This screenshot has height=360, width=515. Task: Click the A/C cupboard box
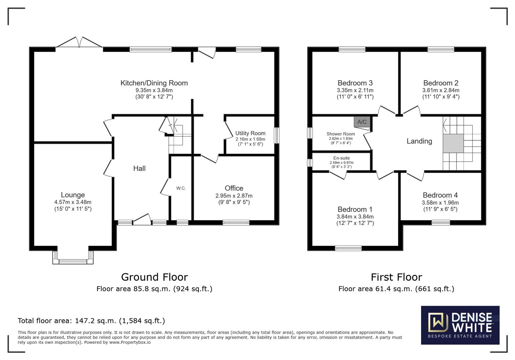click(x=362, y=122)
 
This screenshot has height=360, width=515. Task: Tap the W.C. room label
click(x=181, y=188)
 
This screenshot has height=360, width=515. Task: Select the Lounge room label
click(x=73, y=195)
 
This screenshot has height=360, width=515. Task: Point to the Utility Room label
click(x=250, y=133)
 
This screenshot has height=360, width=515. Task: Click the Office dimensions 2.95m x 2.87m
click(x=233, y=196)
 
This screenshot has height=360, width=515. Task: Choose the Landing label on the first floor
click(x=419, y=141)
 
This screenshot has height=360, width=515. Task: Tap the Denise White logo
click(x=460, y=325)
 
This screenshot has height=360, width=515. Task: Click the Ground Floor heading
click(x=154, y=277)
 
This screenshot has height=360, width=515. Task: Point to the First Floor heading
click(x=396, y=277)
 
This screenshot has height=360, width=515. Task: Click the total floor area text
click(x=91, y=321)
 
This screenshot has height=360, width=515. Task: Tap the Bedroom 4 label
click(x=440, y=195)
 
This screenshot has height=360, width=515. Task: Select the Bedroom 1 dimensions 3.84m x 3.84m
click(x=355, y=217)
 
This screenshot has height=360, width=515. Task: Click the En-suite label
click(x=341, y=158)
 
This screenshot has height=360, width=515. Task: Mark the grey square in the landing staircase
click(x=453, y=143)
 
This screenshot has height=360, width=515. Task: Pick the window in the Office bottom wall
click(x=236, y=223)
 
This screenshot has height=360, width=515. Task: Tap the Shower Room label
click(x=340, y=134)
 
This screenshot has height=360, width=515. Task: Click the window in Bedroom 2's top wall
click(x=441, y=50)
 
